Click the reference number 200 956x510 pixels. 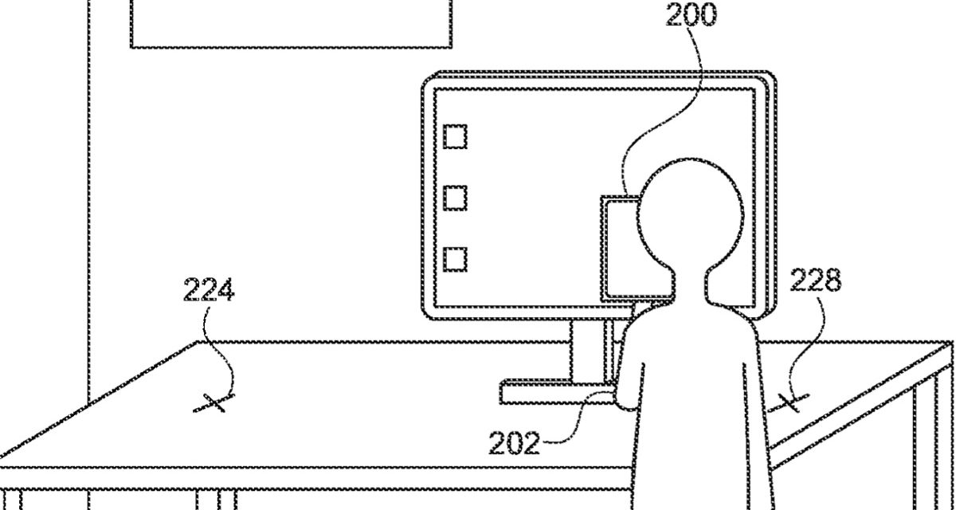tap(691, 15)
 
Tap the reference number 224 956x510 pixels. tap(209, 291)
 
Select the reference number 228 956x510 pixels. tap(814, 281)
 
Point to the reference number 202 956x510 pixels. tap(514, 443)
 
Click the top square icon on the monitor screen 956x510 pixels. tap(455, 136)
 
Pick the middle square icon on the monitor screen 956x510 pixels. tap(455, 197)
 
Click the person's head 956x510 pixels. tap(690, 211)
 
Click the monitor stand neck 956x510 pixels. tap(590, 351)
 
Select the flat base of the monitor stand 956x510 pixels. tap(550, 392)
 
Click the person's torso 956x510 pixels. tap(693, 398)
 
